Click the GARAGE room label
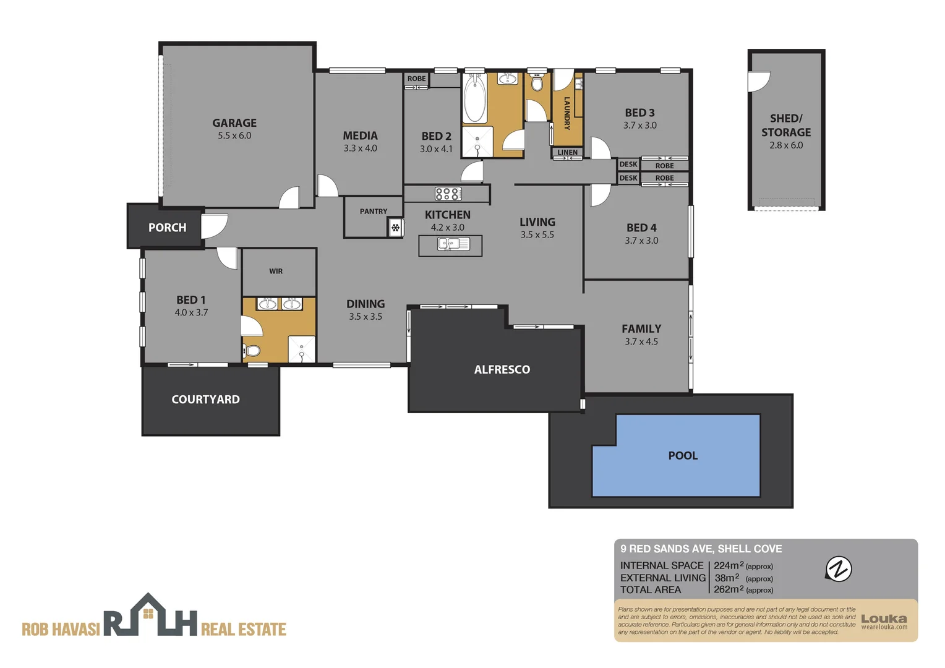point(234,123)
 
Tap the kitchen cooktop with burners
point(447,194)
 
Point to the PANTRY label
point(374,212)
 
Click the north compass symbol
point(839,569)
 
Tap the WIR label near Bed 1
point(276,271)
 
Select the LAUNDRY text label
point(567,113)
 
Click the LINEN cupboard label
point(567,152)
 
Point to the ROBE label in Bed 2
point(416,79)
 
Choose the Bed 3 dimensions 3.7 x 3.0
point(639,126)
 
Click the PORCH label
point(167,228)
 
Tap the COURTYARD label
point(205,400)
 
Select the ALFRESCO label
point(502,370)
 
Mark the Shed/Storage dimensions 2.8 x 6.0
point(786,145)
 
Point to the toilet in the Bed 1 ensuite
point(252,351)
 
